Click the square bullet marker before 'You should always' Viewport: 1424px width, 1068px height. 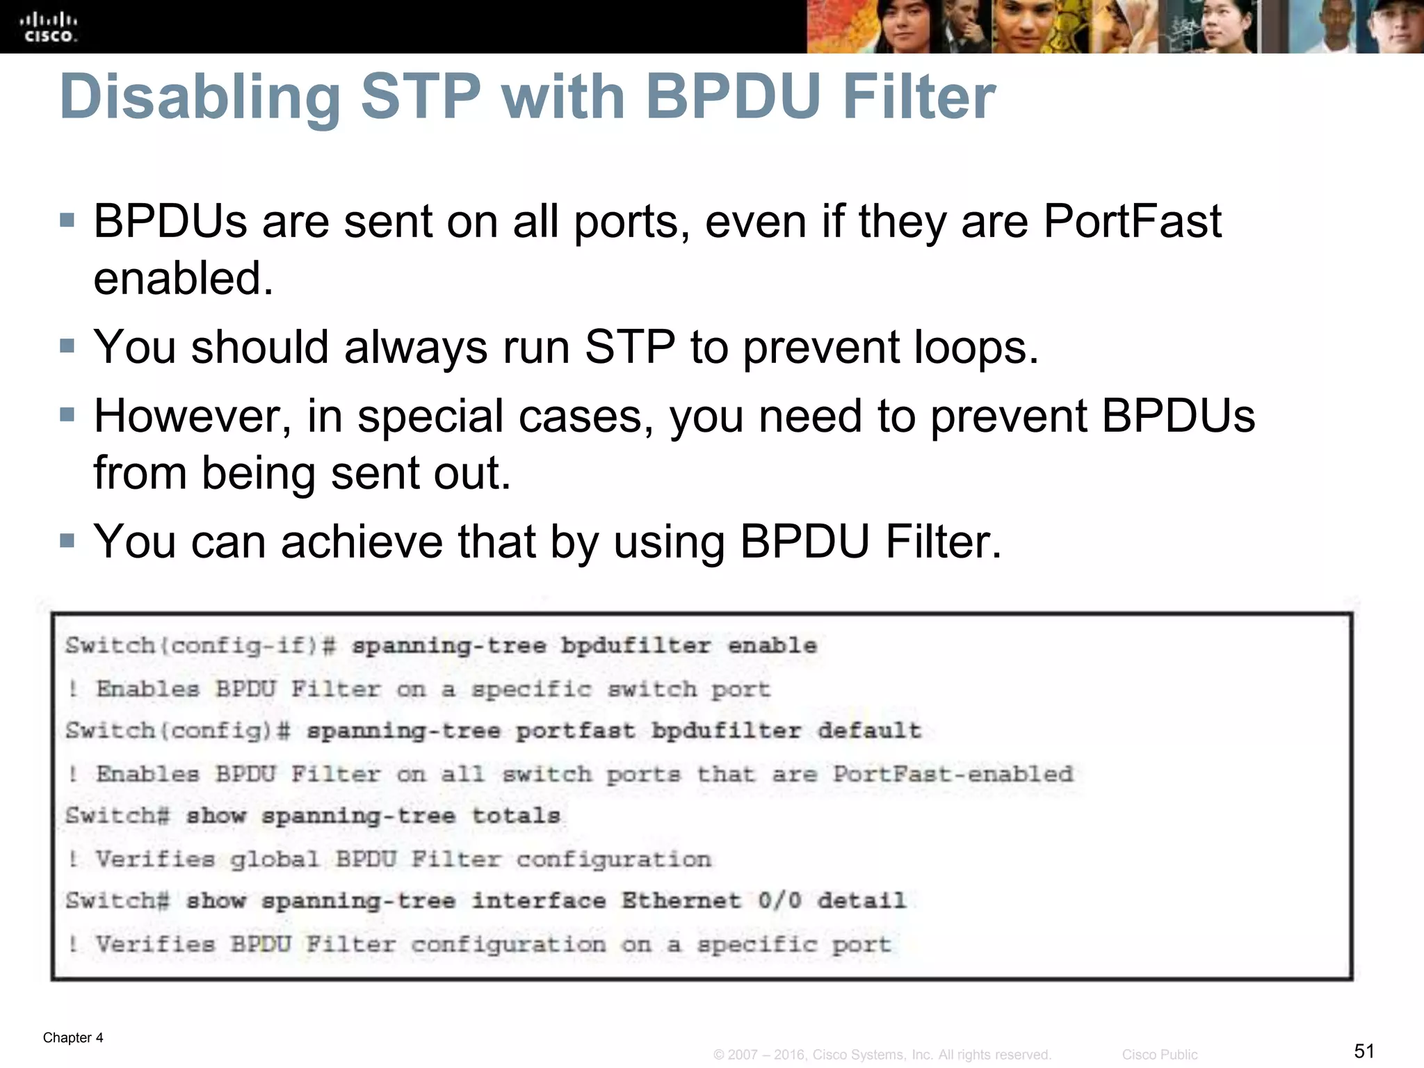tap(67, 346)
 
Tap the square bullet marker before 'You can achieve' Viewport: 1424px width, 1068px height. tap(67, 541)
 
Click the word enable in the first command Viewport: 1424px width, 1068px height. tap(772, 646)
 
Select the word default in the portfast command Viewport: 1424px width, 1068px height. tap(869, 731)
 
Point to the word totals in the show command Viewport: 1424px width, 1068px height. tap(516, 816)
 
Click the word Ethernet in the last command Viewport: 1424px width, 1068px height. tap(681, 901)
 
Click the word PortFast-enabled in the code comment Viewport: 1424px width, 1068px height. tap(953, 774)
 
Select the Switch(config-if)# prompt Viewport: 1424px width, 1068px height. tap(201, 646)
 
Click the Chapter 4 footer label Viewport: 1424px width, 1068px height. tap(73, 1037)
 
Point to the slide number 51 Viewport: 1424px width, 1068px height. tap(1364, 1051)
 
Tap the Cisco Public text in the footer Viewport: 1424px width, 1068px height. tap(1160, 1055)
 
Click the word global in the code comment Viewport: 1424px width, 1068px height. tap(274, 859)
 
